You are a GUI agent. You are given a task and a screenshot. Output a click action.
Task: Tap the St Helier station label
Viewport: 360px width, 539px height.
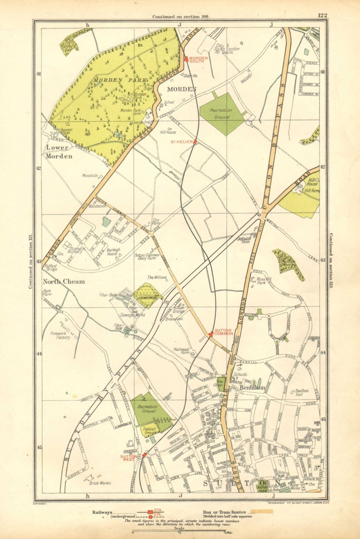tap(182, 142)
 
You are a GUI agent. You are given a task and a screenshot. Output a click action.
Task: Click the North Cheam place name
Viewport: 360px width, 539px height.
tap(64, 282)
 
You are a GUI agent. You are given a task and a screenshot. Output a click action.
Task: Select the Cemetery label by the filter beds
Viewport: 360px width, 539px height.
tap(146, 298)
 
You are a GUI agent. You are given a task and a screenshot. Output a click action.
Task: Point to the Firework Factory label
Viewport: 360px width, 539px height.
tap(61, 335)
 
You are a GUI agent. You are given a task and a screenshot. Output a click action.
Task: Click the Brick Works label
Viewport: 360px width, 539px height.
tap(100, 482)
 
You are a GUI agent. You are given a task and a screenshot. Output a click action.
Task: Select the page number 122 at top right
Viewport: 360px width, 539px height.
tap(322, 15)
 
